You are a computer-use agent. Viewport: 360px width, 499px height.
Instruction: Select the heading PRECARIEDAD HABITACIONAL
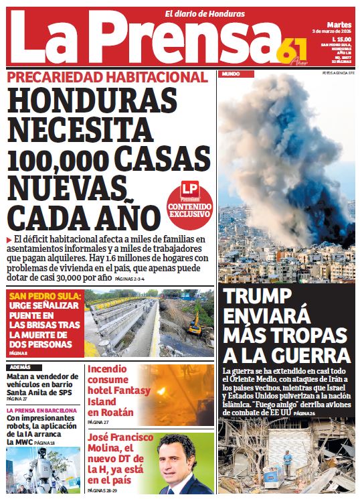pos(108,78)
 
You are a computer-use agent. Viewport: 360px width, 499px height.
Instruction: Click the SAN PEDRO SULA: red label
pos(45,295)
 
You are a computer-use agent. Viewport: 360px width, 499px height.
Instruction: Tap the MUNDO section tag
pos(231,72)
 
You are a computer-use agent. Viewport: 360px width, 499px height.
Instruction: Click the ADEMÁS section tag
pos(21,367)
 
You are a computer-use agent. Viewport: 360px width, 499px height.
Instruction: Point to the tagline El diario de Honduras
pos(205,14)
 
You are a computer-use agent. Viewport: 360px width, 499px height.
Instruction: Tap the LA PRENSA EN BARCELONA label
pos(41,409)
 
